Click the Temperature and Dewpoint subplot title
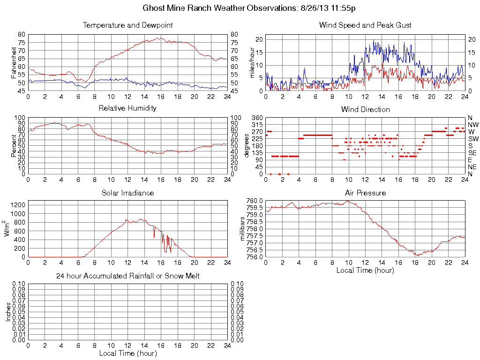[127, 25]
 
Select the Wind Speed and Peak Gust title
[365, 25]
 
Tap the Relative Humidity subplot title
[127, 108]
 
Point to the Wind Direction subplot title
[365, 109]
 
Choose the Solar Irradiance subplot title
[127, 193]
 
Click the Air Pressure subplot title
[365, 193]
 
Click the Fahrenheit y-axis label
[14, 62]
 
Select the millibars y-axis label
[243, 229]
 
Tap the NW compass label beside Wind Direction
[472, 125]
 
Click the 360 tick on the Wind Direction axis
[258, 118]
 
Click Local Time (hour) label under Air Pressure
[365, 270]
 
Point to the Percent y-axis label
[14, 146]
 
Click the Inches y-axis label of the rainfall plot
[8, 312]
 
